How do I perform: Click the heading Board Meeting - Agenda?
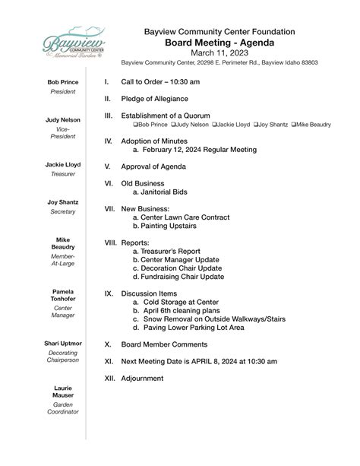point(219,43)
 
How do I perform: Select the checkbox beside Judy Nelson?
point(172,124)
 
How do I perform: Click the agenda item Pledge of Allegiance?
point(158,98)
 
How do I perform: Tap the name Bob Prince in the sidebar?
point(63,82)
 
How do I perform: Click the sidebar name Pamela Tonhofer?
point(63,296)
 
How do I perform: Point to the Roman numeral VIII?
point(111,243)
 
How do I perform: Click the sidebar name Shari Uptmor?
point(63,344)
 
